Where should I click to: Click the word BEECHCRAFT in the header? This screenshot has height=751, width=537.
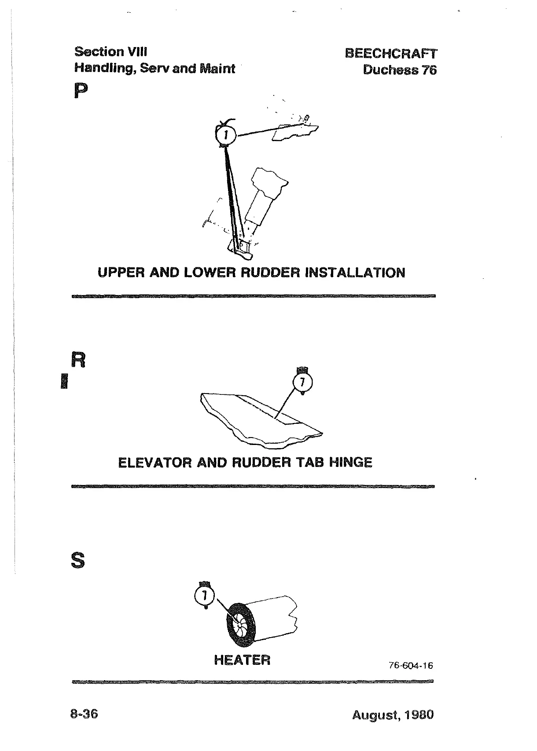coord(391,54)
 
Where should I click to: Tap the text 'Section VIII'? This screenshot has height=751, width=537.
coord(110,52)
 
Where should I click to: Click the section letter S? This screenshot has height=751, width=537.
coord(77,561)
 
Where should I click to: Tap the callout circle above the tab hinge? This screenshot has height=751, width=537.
coord(302,383)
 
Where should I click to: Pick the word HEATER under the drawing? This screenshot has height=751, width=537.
coord(242,660)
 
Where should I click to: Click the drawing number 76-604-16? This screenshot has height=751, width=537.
coord(411,666)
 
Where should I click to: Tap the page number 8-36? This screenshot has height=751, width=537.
coord(84,714)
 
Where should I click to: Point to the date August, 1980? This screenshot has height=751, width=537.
coord(393,715)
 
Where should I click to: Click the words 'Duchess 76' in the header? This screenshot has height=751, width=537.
coord(400,70)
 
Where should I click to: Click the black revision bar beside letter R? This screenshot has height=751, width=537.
coord(64,381)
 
